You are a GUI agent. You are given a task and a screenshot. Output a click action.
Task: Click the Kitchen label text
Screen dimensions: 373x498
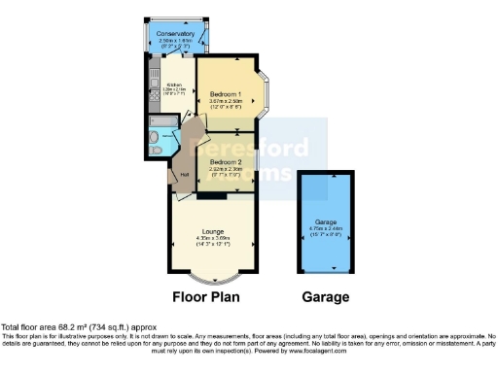(176, 83)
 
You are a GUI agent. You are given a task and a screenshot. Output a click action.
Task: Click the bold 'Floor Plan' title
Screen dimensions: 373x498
(206, 296)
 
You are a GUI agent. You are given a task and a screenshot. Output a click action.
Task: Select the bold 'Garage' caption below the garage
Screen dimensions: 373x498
(326, 296)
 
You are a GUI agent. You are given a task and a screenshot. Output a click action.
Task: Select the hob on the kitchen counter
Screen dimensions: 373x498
(159, 97)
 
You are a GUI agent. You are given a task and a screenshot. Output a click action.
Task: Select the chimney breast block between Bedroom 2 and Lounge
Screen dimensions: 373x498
(206, 196)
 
